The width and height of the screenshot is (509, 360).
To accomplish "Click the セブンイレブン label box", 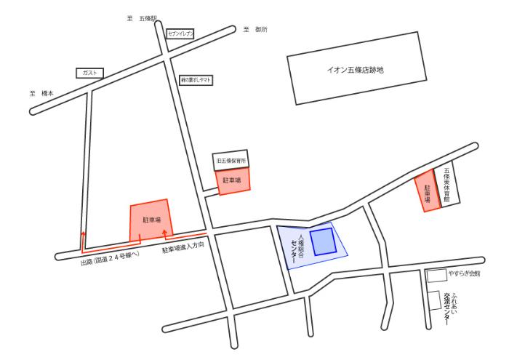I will point(178,33).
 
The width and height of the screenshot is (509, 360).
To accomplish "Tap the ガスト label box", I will point(89,73).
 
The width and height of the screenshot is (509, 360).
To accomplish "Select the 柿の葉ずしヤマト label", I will point(196,81).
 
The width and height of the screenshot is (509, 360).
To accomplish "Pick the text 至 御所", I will point(255,30).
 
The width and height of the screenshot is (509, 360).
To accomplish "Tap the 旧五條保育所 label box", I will point(230,159).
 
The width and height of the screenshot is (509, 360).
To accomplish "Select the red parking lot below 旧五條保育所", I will point(233,179).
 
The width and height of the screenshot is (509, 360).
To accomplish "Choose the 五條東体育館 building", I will point(448,187).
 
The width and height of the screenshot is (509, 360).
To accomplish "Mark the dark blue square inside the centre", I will point(324,241).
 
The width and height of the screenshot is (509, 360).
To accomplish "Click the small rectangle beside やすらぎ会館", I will point(436,276).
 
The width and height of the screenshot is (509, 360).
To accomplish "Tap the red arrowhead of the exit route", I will point(83,234).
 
